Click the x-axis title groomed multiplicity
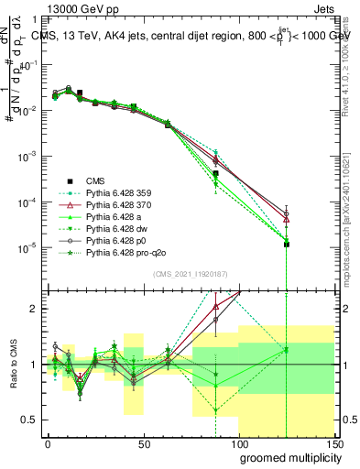[288, 457]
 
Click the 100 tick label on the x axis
[238, 444]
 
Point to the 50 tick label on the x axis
[143, 444]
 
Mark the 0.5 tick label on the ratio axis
[31, 420]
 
